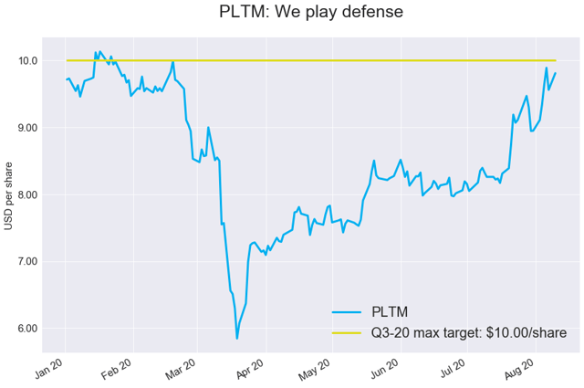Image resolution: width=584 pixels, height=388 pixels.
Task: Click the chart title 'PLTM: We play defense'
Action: [311, 13]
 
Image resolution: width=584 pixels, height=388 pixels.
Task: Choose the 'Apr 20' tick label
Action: [250, 371]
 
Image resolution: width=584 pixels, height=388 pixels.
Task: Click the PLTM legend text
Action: [390, 312]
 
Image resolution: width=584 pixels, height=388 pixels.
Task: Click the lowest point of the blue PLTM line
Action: [237, 339]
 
